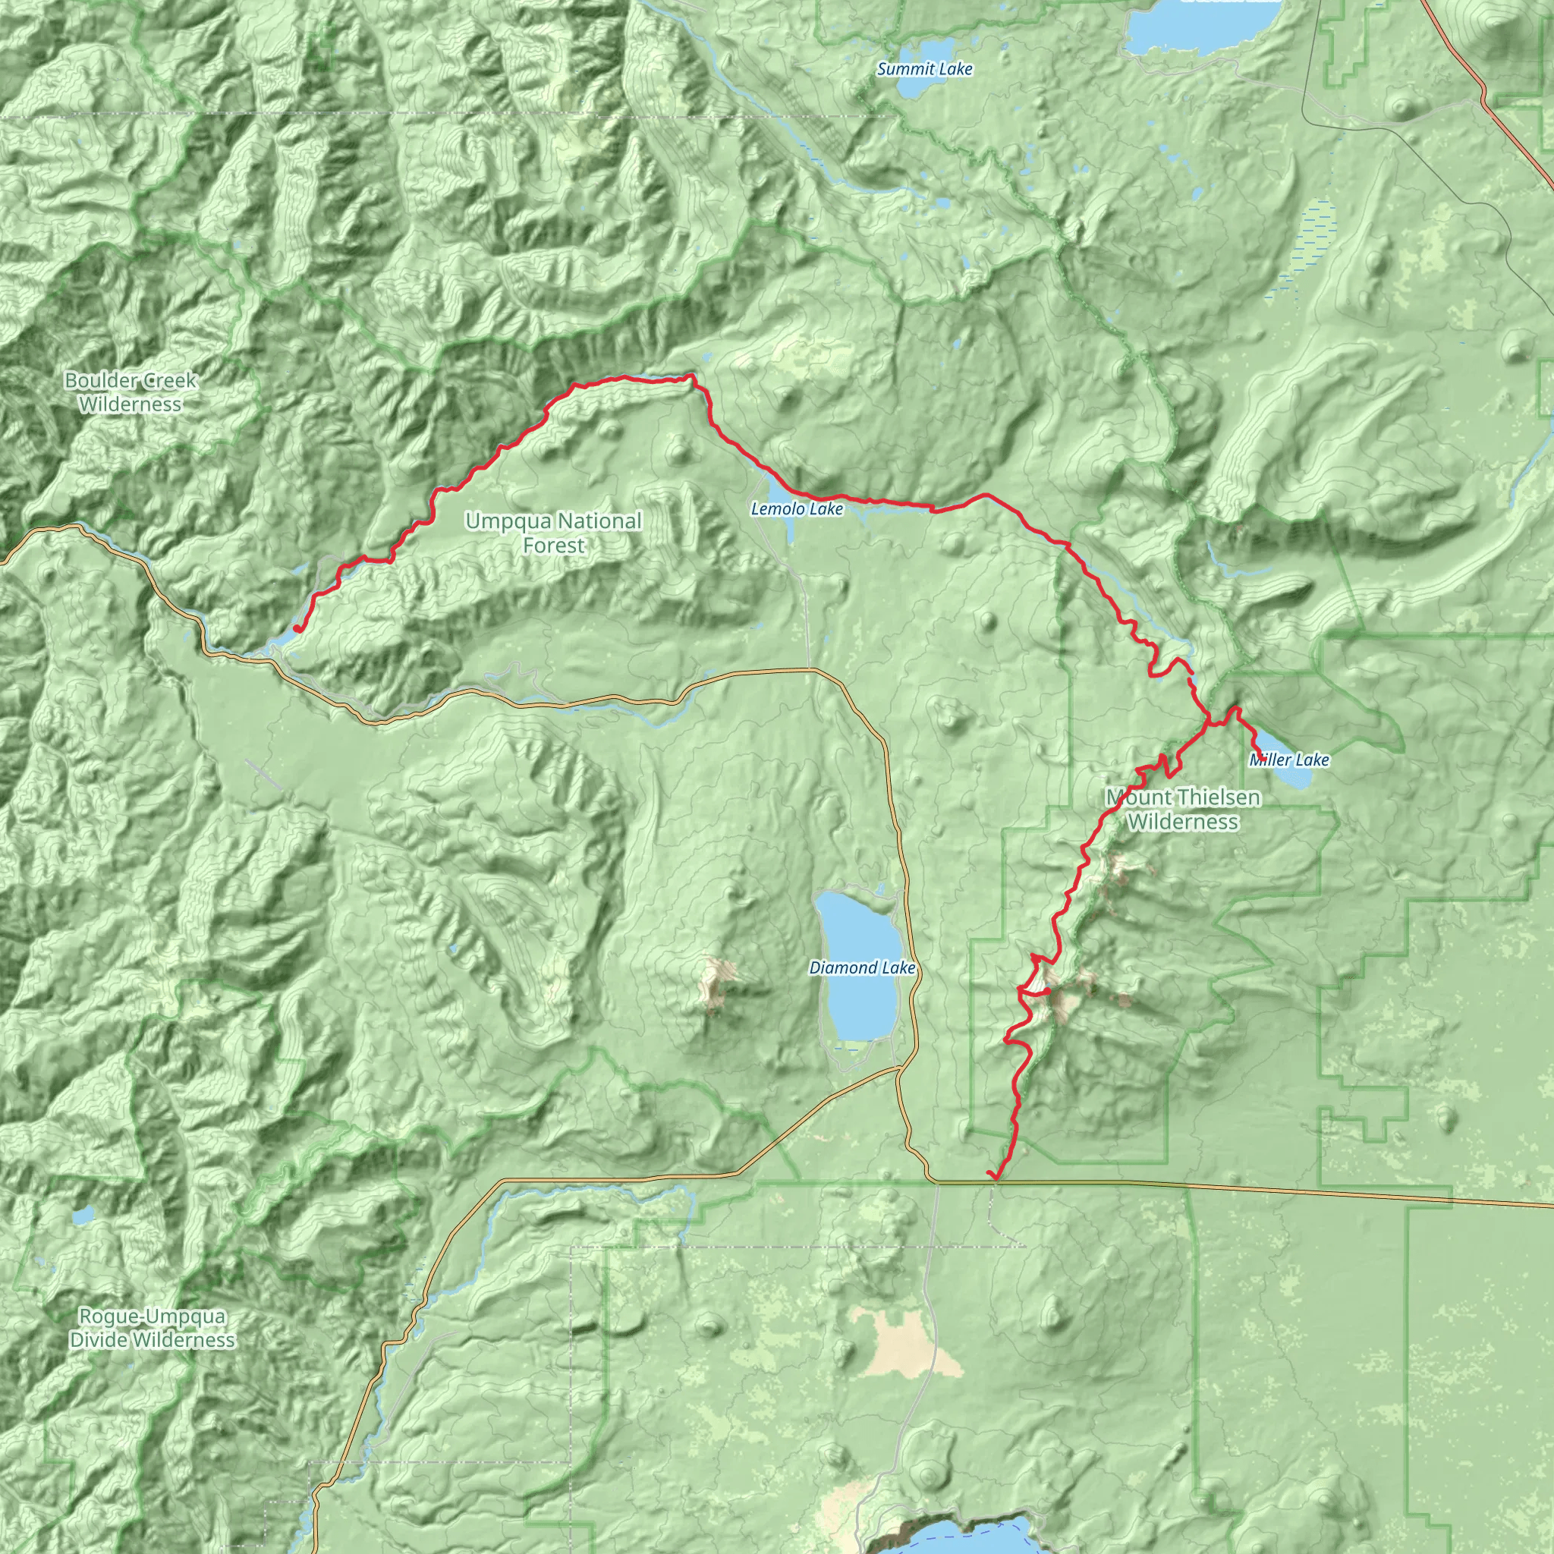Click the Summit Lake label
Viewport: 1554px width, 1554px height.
(x=924, y=69)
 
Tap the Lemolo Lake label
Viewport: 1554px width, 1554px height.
(x=796, y=509)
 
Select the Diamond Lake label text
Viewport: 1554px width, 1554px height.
(x=861, y=967)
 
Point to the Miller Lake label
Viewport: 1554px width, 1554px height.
(x=1288, y=760)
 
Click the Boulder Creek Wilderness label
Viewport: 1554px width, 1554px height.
(x=131, y=392)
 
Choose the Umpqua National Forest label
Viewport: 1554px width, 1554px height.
(x=553, y=533)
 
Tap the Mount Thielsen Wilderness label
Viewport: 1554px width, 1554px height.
(x=1182, y=809)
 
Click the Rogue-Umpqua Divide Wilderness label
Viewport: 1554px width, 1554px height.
(x=152, y=1328)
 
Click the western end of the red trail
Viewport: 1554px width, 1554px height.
(x=297, y=628)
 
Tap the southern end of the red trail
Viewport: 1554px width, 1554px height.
(x=996, y=1179)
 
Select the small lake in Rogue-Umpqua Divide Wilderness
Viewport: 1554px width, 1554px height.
(x=83, y=1216)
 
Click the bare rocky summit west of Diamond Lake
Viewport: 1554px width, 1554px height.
(x=713, y=982)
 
